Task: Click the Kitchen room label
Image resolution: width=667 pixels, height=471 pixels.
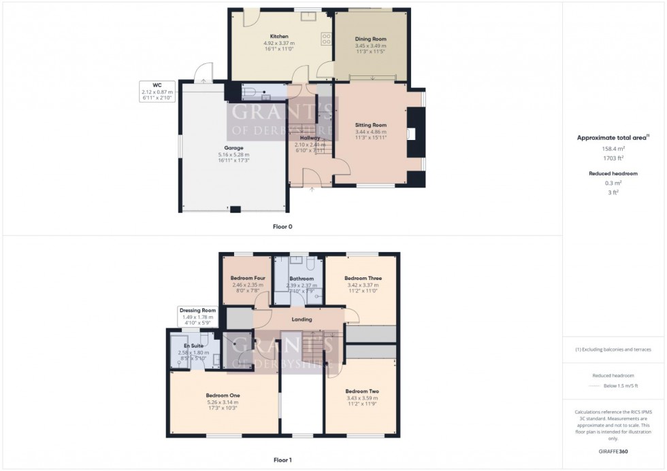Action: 279,37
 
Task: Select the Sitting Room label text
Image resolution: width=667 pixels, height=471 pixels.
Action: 371,125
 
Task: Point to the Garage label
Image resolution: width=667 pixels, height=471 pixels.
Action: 234,148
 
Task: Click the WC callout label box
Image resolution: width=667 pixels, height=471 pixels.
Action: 157,91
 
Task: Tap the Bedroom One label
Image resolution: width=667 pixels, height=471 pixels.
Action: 223,396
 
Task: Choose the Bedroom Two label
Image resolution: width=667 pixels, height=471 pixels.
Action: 362,391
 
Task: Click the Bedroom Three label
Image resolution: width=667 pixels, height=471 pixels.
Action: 363,279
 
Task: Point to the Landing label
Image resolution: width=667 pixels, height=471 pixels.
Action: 302,319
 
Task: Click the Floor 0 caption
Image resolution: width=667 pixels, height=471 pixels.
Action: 282,226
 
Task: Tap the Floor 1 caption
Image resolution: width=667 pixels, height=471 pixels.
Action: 282,460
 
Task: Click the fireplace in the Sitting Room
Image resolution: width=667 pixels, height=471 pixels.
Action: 412,134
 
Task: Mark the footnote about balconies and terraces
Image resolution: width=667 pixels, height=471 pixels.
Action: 613,349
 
